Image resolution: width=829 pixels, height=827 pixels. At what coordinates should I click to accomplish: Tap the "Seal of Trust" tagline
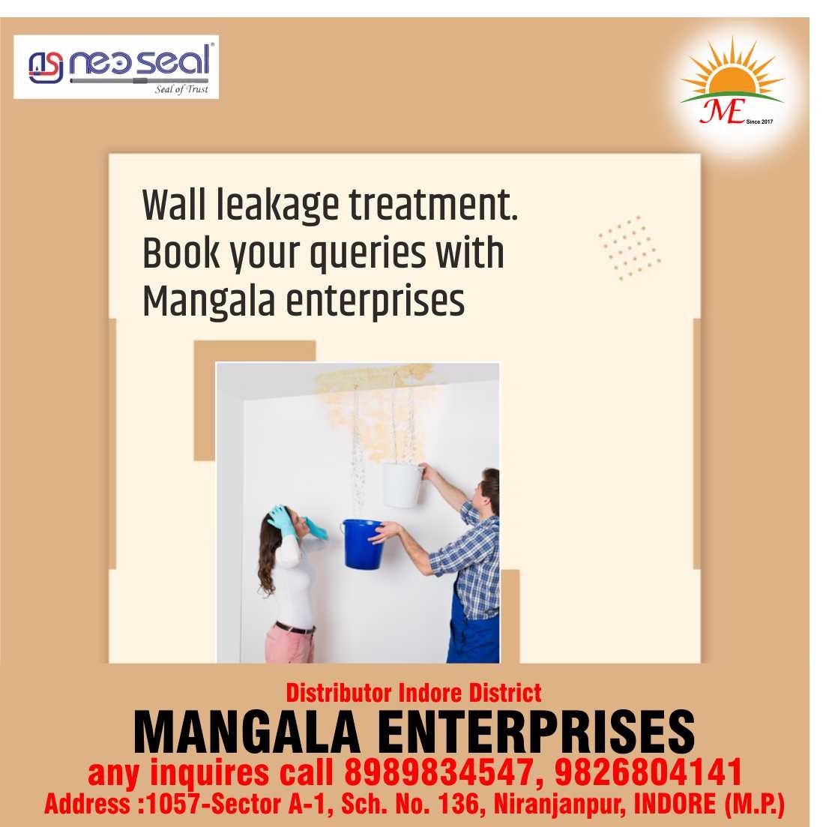(181, 88)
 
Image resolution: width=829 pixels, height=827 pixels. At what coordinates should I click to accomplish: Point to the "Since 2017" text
(759, 121)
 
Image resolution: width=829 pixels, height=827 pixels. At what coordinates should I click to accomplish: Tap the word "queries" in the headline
(367, 254)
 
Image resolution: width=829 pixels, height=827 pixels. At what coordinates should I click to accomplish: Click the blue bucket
(364, 544)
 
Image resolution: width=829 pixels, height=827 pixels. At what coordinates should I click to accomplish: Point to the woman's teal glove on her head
(281, 520)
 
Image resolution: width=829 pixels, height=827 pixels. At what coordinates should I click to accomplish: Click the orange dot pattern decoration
(629, 247)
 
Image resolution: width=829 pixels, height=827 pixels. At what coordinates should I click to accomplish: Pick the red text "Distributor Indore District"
(414, 693)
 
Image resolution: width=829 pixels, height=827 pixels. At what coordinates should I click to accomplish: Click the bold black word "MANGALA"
(247, 733)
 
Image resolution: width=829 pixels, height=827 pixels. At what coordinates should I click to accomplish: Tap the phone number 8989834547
(438, 772)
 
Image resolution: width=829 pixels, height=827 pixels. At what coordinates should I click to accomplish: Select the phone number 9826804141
(648, 772)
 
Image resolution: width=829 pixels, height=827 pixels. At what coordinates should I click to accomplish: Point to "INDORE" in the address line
(675, 804)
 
